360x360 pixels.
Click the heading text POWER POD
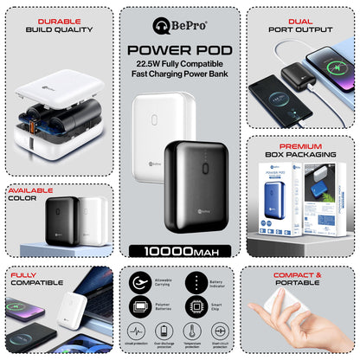pos(179,48)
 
